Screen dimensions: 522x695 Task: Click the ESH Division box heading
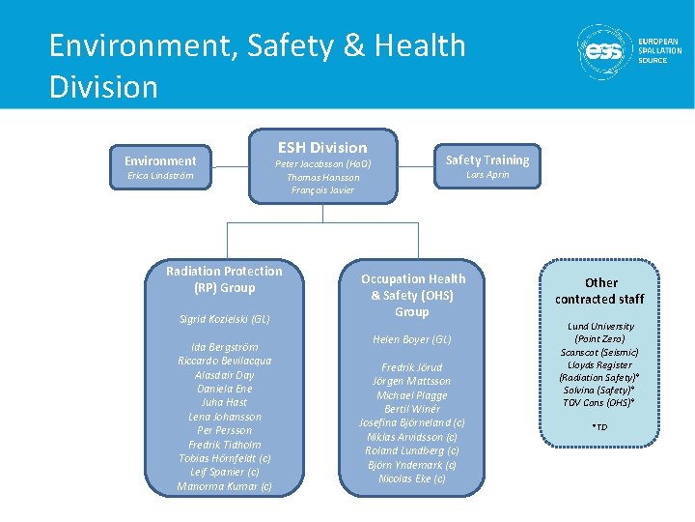click(322, 148)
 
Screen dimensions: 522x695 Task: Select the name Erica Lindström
click(160, 176)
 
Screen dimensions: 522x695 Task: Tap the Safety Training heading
click(487, 159)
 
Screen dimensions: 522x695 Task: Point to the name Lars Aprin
click(487, 175)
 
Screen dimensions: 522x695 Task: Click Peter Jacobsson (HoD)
click(322, 164)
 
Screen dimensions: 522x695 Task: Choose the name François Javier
click(322, 190)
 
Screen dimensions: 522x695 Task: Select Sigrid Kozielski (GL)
click(224, 319)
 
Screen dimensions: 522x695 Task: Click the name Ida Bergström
click(224, 346)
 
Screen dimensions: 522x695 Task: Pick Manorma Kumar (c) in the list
click(224, 486)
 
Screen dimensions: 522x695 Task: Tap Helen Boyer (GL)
click(412, 340)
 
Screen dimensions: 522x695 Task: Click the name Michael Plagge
click(412, 395)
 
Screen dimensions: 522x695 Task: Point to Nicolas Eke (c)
click(412, 479)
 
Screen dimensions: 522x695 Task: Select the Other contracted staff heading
click(600, 291)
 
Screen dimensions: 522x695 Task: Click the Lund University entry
click(600, 327)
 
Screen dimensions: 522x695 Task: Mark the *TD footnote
click(600, 427)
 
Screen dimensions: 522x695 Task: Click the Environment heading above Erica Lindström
click(160, 160)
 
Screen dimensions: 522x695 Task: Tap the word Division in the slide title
click(103, 87)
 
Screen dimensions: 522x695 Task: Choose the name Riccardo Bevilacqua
click(224, 361)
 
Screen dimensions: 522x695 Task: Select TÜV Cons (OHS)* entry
click(600, 402)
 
